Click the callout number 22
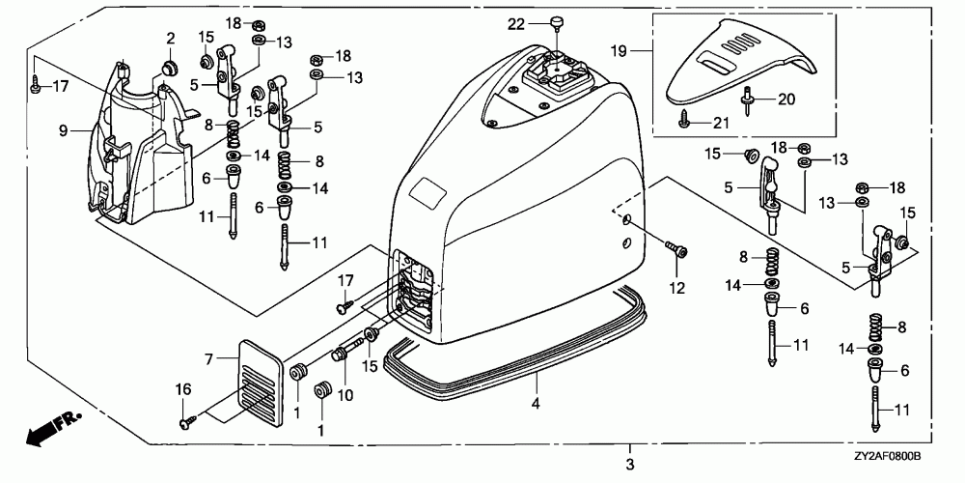(517, 23)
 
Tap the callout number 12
(677, 287)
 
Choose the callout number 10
(345, 395)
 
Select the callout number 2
(170, 39)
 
